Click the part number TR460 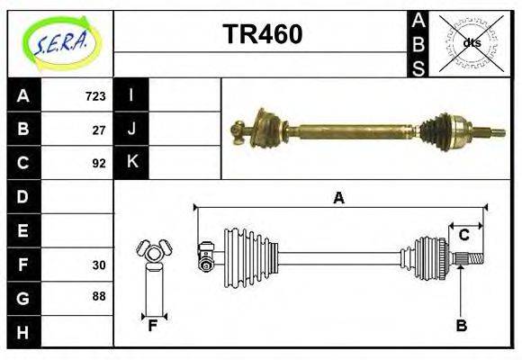pyautogui.click(x=262, y=34)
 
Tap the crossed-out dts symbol pyautogui.click(x=472, y=42)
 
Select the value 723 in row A pyautogui.click(x=94, y=95)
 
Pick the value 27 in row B pyautogui.click(x=98, y=130)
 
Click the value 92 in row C pyautogui.click(x=98, y=164)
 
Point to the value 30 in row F pyautogui.click(x=98, y=265)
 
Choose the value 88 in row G pyautogui.click(x=98, y=295)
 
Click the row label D pyautogui.click(x=23, y=196)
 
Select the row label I pyautogui.click(x=131, y=95)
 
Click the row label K pyautogui.click(x=131, y=163)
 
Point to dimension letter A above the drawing pyautogui.click(x=338, y=198)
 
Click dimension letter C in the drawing pyautogui.click(x=463, y=235)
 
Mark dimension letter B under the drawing pyautogui.click(x=461, y=326)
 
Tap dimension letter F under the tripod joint pyautogui.click(x=153, y=326)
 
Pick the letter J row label pyautogui.click(x=131, y=130)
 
